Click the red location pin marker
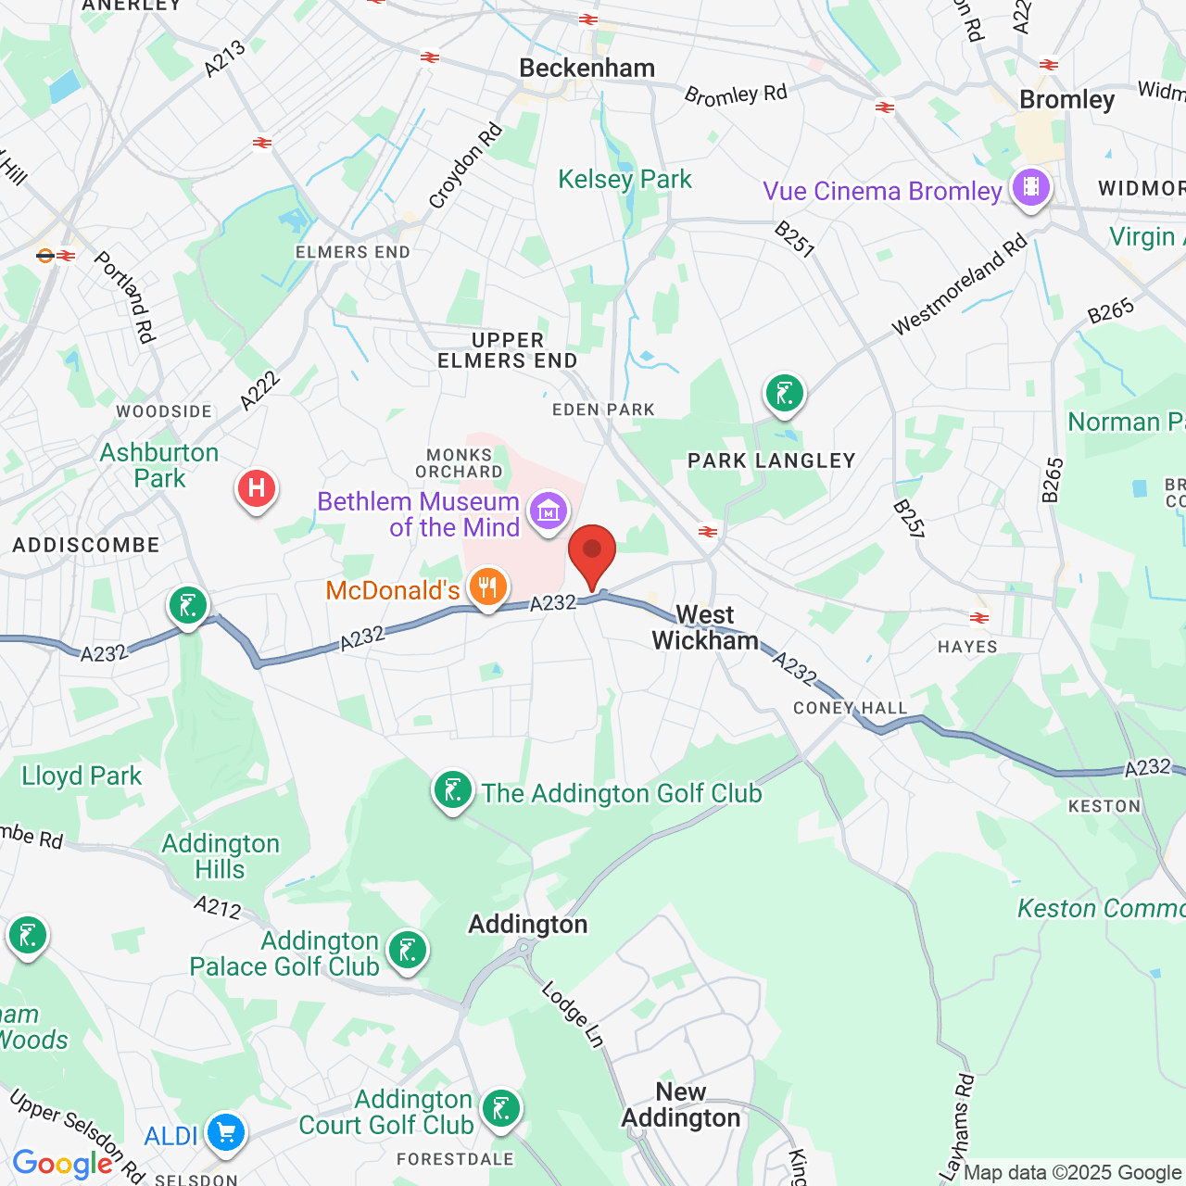point(591,552)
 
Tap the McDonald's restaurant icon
point(487,587)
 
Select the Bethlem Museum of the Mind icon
point(548,511)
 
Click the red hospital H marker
point(257,488)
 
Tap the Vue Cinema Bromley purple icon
point(1030,188)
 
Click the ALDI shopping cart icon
point(225,1132)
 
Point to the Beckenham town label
point(587,69)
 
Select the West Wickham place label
point(705,628)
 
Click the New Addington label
point(681,1105)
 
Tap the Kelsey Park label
point(625,180)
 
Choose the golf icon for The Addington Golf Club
point(453,791)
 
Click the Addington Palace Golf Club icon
point(407,951)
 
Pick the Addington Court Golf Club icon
point(500,1109)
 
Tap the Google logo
point(62,1164)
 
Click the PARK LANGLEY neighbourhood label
point(771,461)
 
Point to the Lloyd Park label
point(82,776)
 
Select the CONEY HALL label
point(850,709)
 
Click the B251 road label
point(794,238)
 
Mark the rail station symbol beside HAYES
point(978,618)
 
